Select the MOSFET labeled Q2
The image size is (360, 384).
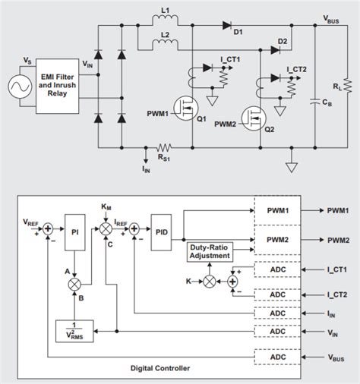pyautogui.click(x=252, y=118)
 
